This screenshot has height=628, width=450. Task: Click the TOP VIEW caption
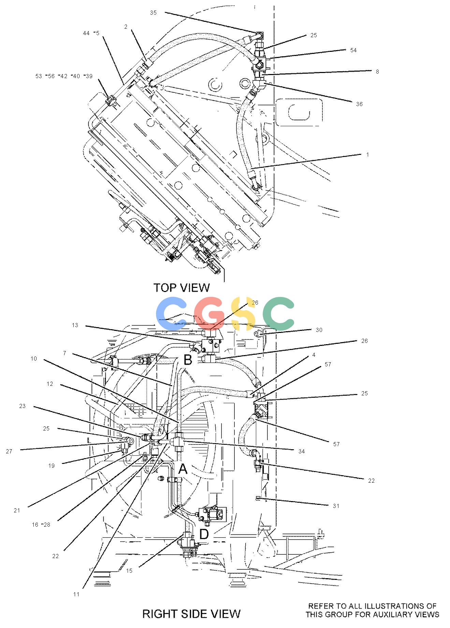[x=182, y=288]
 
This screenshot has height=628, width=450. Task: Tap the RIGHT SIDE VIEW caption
[x=191, y=614]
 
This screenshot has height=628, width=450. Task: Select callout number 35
[x=153, y=13]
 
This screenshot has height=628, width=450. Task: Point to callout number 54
[x=353, y=50]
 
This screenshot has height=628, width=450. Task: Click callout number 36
[x=359, y=104]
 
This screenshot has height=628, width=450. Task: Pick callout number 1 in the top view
[x=367, y=155]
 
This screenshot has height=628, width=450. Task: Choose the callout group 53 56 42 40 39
[x=64, y=76]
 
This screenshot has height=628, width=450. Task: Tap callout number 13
[x=75, y=325]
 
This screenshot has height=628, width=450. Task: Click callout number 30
[x=319, y=330]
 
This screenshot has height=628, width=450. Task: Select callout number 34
[x=301, y=451]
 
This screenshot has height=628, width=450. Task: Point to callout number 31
[x=336, y=506]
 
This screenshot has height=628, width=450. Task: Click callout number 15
[x=129, y=570]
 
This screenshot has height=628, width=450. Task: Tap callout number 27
[x=9, y=451]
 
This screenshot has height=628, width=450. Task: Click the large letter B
[x=188, y=360]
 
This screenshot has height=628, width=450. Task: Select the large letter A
[x=183, y=469]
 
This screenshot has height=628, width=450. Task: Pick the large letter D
[x=204, y=534]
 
